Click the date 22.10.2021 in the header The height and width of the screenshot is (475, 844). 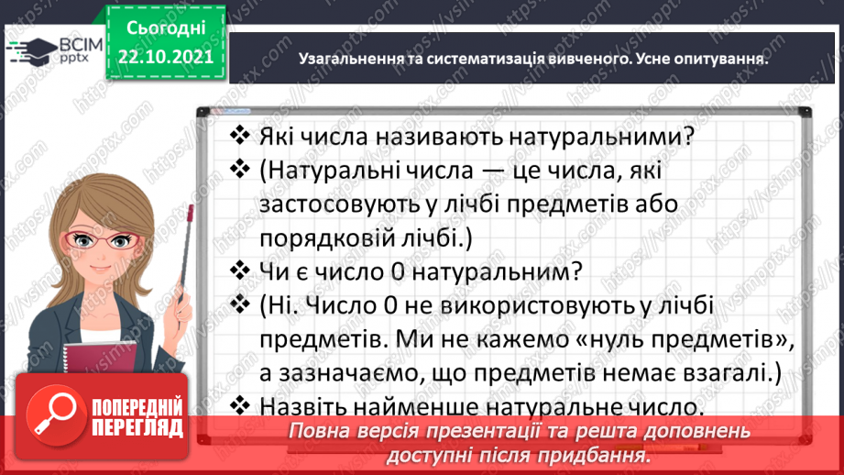(166, 56)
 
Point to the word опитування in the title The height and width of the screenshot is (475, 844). (720, 58)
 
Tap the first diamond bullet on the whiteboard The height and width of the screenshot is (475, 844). (239, 136)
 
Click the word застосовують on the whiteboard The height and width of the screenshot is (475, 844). (341, 203)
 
